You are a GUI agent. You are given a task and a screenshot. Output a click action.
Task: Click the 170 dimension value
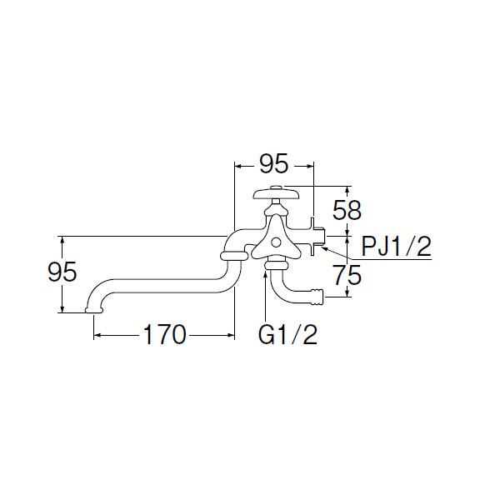pyautogui.click(x=164, y=334)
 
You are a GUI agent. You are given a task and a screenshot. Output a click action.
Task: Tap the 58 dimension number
pyautogui.click(x=347, y=211)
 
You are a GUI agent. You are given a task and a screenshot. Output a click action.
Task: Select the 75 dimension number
pyautogui.click(x=347, y=275)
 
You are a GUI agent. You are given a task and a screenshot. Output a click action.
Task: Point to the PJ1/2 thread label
pyautogui.click(x=397, y=246)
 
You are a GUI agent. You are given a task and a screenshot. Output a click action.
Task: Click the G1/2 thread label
pyautogui.click(x=287, y=334)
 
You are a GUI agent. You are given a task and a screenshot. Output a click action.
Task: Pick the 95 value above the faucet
pyautogui.click(x=274, y=163)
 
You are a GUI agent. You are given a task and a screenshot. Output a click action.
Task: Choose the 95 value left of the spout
pyautogui.click(x=62, y=272)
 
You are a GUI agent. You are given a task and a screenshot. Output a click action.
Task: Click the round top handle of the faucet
pyautogui.click(x=277, y=193)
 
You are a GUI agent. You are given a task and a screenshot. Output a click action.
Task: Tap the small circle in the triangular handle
pyautogui.click(x=276, y=242)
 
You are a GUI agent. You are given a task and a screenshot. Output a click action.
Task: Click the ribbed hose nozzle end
pyautogui.click(x=317, y=297)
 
